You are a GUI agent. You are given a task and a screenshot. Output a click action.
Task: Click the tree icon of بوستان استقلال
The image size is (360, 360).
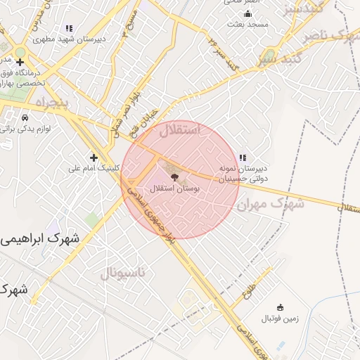click(x=174, y=178)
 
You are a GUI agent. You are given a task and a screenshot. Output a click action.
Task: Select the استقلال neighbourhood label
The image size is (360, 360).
click(x=180, y=130)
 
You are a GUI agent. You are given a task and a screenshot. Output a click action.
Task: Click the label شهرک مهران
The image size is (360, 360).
click(x=271, y=204)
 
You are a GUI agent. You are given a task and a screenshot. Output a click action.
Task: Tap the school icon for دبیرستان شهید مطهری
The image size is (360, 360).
click(x=69, y=28)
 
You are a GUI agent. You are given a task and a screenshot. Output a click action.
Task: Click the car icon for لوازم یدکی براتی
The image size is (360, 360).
click(x=25, y=117)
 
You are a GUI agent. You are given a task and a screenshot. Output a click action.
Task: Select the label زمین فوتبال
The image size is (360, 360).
click(x=281, y=319)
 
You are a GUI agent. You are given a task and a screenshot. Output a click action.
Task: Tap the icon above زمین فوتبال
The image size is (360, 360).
click(x=281, y=307)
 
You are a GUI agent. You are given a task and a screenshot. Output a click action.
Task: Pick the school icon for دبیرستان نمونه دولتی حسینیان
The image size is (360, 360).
click(x=243, y=157)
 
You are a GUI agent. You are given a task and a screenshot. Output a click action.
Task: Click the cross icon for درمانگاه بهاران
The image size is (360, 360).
click(x=20, y=63)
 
